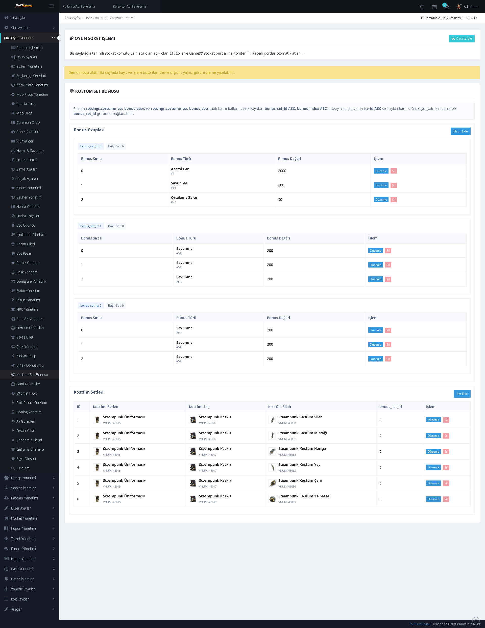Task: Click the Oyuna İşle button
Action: point(462,39)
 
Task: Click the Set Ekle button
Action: point(462,394)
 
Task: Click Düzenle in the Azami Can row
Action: point(381,171)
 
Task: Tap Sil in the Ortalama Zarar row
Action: point(394,200)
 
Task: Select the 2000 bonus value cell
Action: point(282,171)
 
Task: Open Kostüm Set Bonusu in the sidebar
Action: point(32,375)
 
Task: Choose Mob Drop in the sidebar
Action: point(24,113)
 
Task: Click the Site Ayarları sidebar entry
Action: point(20,28)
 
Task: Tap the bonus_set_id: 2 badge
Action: point(91,306)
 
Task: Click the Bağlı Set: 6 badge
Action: point(116,146)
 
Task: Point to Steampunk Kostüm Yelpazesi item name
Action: point(304,496)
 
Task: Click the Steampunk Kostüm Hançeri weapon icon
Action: point(272,451)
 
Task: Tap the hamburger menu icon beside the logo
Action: point(52,6)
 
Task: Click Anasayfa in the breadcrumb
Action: point(72,18)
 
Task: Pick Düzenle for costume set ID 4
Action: point(433,467)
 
